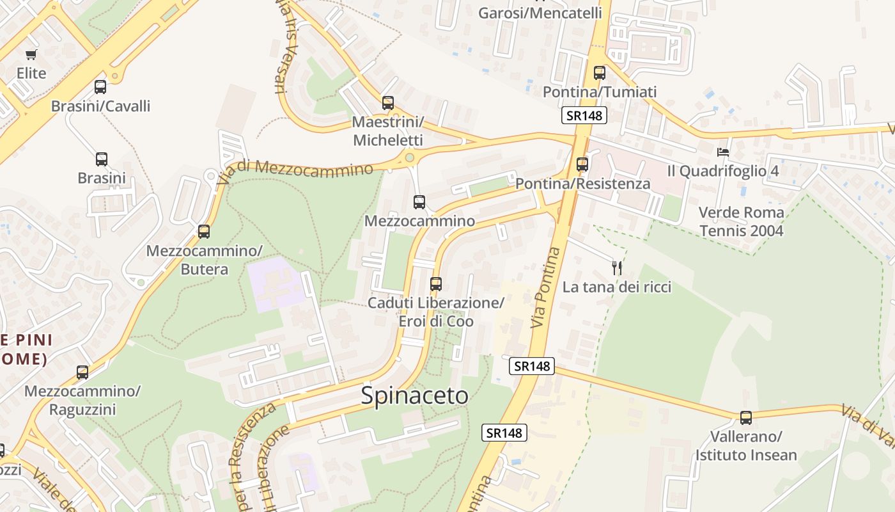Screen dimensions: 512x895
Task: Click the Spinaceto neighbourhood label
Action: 414,396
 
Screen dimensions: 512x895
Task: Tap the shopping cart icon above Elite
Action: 31,55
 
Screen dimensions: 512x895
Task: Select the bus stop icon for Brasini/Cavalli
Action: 100,87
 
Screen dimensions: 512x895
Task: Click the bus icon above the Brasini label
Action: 102,159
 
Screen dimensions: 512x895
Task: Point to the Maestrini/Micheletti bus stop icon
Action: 387,103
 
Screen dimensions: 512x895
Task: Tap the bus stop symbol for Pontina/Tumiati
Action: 599,73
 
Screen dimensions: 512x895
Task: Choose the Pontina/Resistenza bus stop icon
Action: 582,164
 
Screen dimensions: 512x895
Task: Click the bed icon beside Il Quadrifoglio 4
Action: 723,152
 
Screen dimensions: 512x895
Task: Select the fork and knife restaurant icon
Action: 617,268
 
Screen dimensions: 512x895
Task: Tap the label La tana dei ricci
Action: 617,287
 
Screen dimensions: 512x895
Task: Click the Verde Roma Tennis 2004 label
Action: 742,221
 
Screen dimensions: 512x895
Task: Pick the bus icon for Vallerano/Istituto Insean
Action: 745,418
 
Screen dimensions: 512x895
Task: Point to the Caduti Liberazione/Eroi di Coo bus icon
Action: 436,284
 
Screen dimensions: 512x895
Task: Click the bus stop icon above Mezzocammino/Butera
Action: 204,232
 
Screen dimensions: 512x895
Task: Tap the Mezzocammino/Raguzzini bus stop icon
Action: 82,372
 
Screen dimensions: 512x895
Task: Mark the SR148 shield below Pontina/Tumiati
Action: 584,116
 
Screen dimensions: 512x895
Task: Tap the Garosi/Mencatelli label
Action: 540,13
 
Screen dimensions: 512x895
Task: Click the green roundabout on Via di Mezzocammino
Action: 409,157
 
